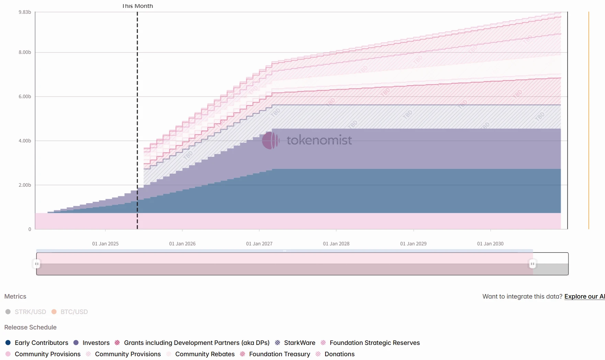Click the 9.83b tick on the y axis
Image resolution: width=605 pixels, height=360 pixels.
point(25,12)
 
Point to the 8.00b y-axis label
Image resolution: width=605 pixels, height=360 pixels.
point(25,52)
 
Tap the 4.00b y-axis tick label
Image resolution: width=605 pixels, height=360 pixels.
point(25,141)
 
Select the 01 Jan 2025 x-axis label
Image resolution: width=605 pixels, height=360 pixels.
point(105,244)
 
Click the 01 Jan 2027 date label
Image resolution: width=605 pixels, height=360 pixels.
point(259,244)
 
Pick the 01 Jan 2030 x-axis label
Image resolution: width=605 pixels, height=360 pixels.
point(490,244)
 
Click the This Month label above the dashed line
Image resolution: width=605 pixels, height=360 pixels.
point(137,6)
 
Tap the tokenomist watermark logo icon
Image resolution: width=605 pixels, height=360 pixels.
point(271,140)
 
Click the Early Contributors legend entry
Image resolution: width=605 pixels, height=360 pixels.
point(37,343)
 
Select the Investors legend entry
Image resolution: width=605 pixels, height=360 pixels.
point(92,343)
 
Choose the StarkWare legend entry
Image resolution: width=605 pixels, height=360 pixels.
point(295,343)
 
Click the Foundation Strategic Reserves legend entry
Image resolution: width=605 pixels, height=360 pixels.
point(370,343)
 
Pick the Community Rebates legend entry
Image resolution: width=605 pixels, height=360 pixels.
point(201,354)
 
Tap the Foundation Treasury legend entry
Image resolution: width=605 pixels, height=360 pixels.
point(275,354)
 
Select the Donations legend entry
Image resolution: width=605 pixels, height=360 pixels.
point(335,354)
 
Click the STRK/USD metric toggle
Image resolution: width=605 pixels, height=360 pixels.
point(26,312)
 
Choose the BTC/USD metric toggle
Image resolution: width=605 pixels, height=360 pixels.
point(70,312)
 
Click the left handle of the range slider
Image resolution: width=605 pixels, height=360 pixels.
point(37,264)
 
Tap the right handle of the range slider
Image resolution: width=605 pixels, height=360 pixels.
point(532,264)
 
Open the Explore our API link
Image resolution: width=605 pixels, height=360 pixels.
point(584,297)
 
